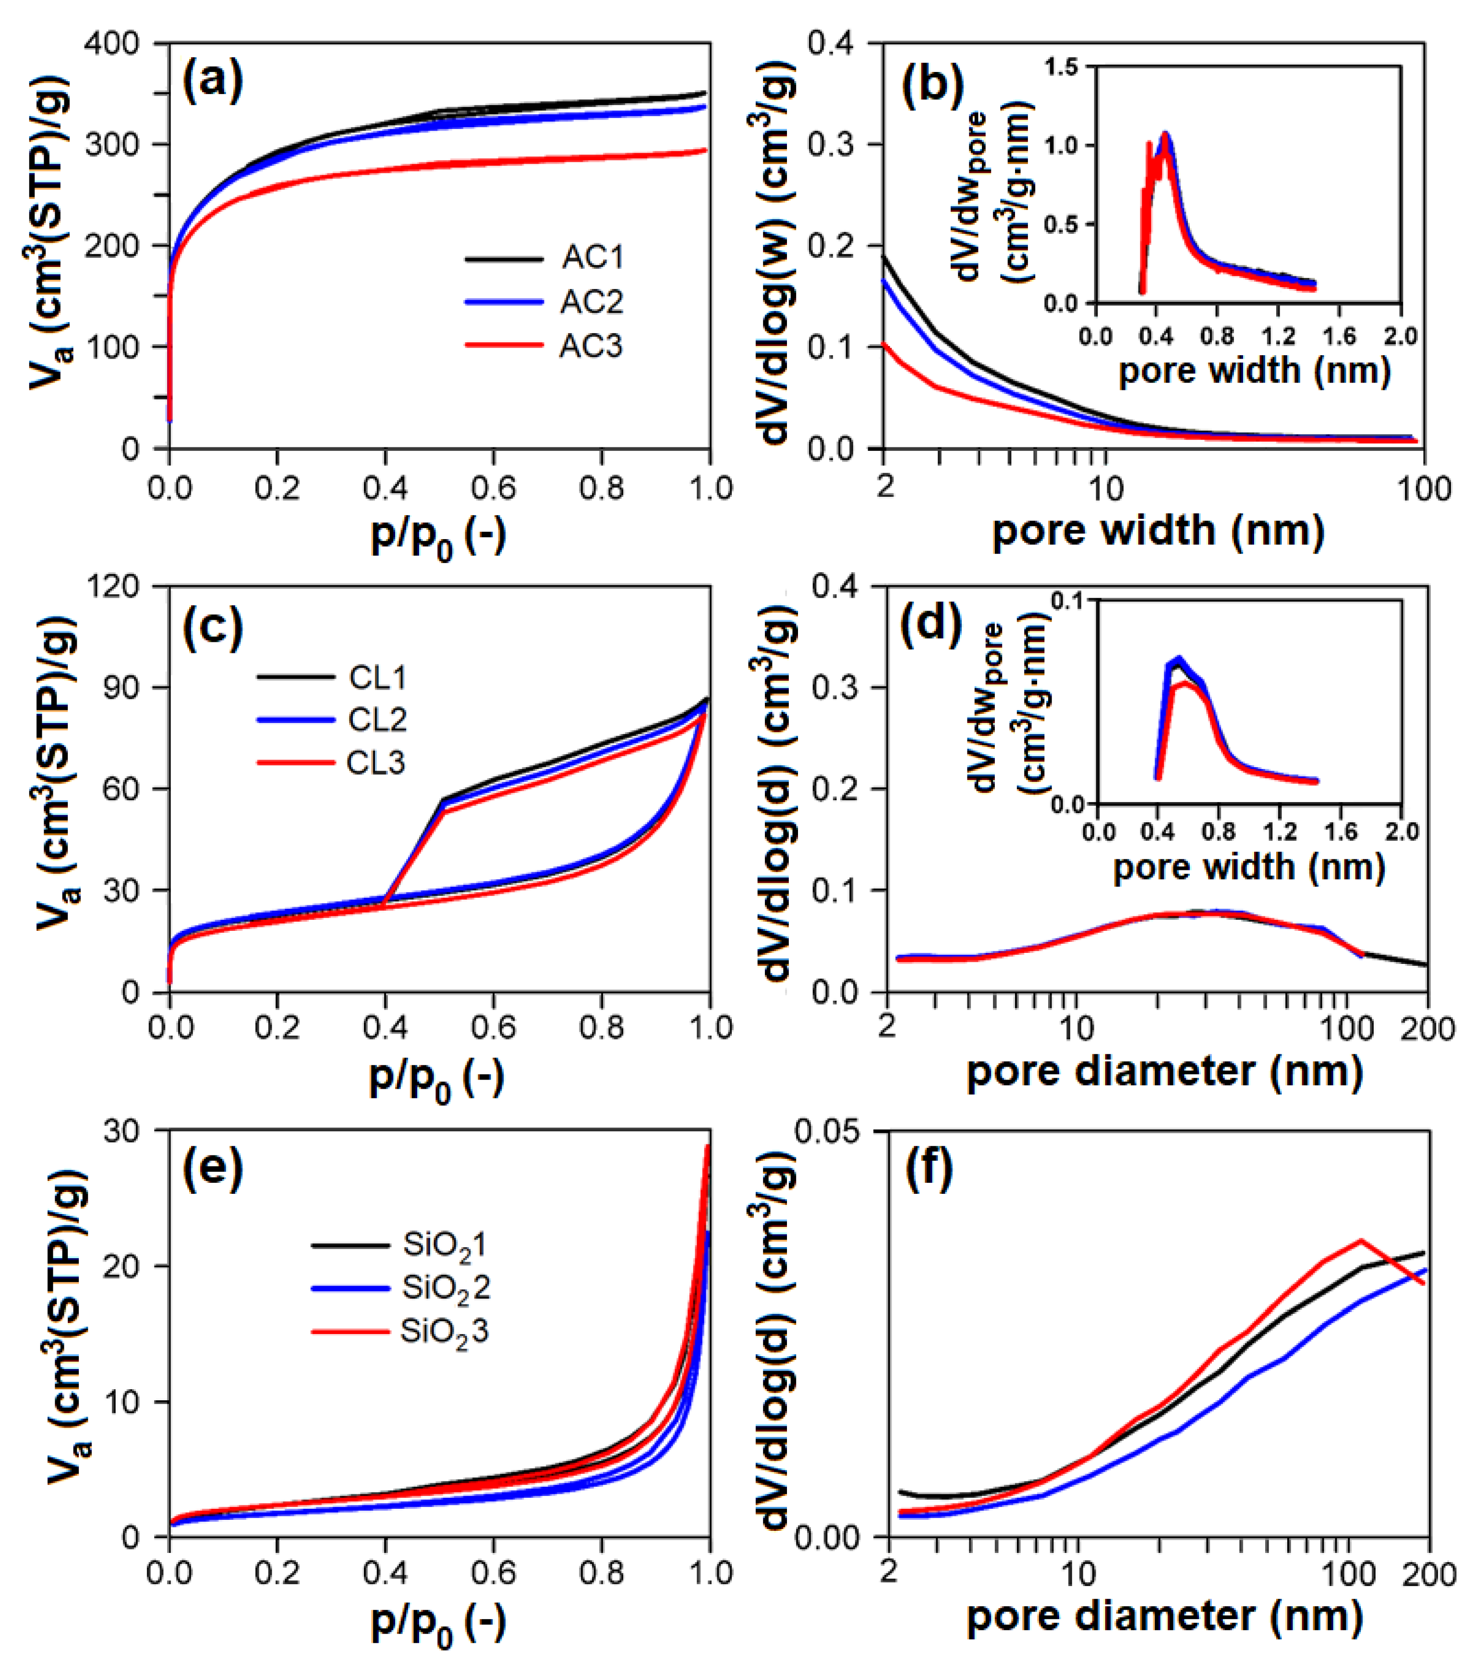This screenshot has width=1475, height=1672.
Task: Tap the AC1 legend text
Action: click(x=592, y=258)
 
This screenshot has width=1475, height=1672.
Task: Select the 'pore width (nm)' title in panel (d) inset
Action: click(x=1249, y=867)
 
